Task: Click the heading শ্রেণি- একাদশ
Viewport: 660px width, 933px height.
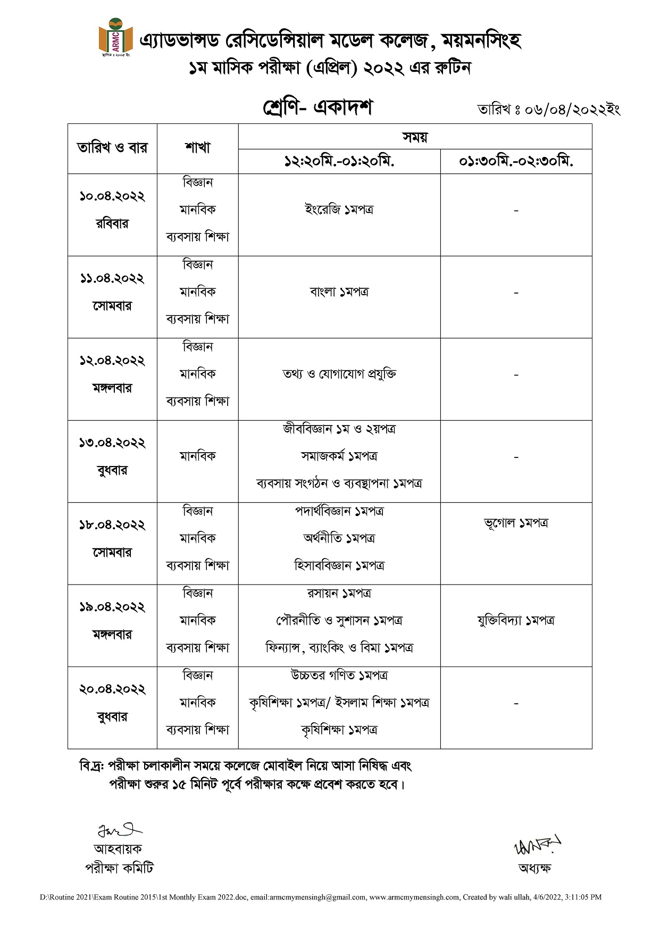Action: (318, 107)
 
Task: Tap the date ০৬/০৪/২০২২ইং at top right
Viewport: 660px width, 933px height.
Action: (548, 110)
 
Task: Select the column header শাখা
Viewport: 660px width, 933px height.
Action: (198, 148)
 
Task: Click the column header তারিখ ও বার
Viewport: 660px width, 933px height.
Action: (112, 148)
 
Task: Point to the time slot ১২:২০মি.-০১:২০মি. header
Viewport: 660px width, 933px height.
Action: (339, 161)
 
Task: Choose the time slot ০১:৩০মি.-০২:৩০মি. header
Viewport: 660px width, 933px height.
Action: (516, 161)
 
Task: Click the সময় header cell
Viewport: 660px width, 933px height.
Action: (415, 137)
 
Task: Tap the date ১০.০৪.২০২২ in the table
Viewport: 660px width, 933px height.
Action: (112, 196)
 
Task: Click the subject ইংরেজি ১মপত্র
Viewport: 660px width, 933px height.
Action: (339, 210)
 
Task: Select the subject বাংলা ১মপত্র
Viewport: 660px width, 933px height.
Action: (339, 291)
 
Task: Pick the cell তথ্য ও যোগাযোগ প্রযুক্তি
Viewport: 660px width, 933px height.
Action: (339, 374)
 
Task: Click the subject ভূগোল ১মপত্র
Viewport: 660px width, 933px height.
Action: (516, 523)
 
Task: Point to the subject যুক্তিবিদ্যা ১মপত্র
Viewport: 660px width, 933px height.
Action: (516, 620)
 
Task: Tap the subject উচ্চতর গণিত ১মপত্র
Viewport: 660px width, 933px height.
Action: (339, 676)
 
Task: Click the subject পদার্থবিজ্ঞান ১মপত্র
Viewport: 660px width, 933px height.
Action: (339, 511)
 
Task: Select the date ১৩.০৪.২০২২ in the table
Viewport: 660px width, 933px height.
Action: (112, 443)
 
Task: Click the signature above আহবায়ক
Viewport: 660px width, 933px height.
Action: (119, 830)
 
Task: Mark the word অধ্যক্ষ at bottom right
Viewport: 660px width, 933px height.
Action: (534, 868)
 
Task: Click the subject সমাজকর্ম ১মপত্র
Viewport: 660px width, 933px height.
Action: (339, 456)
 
